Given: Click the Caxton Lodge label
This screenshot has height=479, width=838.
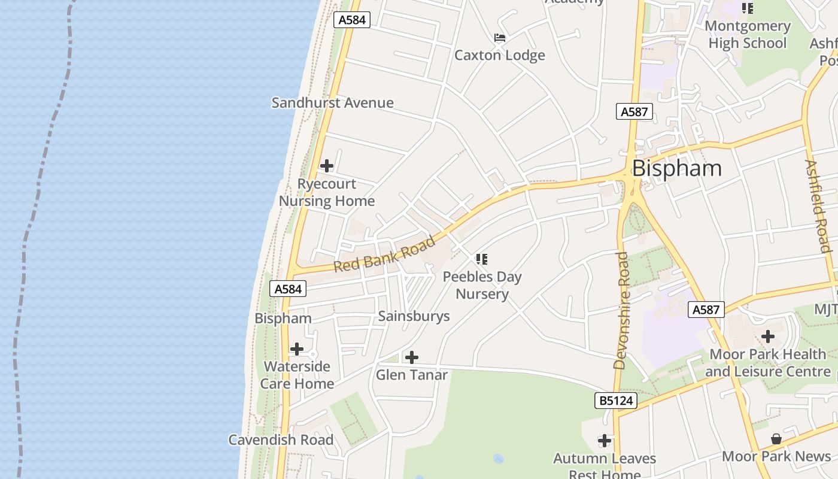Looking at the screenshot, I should click(x=500, y=55).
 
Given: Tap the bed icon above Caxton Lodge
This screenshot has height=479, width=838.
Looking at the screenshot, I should click(x=500, y=38).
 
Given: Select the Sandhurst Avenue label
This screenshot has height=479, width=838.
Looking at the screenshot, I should click(x=333, y=102).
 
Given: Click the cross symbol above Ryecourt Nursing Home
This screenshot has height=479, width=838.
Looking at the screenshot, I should click(x=327, y=166).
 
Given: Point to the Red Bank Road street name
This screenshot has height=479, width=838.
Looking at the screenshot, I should click(x=384, y=255).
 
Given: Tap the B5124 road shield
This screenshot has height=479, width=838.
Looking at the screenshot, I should click(x=615, y=401).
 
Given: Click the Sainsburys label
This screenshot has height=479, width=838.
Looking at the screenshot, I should click(x=414, y=316).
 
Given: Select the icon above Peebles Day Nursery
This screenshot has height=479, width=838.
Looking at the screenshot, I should click(x=482, y=259).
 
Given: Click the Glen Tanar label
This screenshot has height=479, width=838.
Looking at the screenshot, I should click(x=412, y=375).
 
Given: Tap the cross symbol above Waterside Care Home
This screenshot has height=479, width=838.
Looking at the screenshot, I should click(x=297, y=349).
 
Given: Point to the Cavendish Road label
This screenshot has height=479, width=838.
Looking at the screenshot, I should click(x=281, y=439).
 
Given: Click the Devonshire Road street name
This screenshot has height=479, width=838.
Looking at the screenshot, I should click(x=623, y=310).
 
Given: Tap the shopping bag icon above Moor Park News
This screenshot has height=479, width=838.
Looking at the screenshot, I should click(x=776, y=439).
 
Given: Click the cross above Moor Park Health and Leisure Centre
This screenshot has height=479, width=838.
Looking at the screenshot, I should click(x=768, y=336).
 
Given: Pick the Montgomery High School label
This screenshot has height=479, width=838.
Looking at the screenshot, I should click(x=748, y=34).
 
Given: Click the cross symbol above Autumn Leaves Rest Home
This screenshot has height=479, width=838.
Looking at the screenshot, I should click(x=605, y=441).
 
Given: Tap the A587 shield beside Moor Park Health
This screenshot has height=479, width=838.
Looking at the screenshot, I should click(x=706, y=310).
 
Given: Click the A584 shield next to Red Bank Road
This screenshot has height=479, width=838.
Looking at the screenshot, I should click(x=288, y=289).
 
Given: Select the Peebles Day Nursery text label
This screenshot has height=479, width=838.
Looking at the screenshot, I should click(x=482, y=286).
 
